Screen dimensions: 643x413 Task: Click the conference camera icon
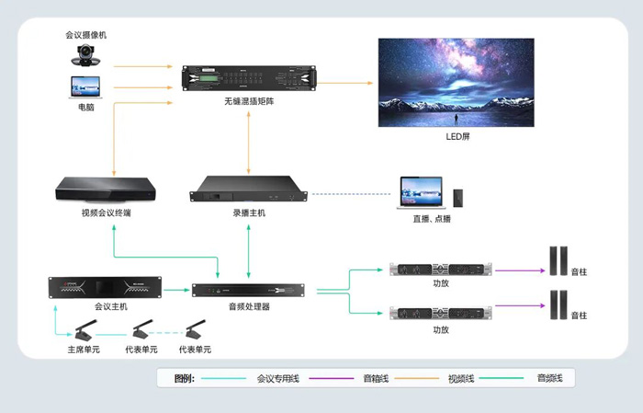[x=85, y=55]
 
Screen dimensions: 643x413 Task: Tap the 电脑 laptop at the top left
[x=85, y=87]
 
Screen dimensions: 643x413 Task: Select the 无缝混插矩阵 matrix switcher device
[x=249, y=78]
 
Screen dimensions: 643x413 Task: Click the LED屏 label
[x=457, y=136]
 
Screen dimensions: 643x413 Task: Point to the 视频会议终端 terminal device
[x=106, y=189]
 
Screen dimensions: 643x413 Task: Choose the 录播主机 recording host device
[x=249, y=189]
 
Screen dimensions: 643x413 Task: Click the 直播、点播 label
[x=432, y=219]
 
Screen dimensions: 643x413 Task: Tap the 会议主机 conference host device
[x=105, y=287]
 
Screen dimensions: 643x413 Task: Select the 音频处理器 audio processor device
[x=249, y=290]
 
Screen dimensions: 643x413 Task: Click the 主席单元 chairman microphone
[x=85, y=331]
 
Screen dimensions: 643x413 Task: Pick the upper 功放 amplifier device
[x=440, y=270]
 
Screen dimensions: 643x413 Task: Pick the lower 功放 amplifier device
[x=440, y=313]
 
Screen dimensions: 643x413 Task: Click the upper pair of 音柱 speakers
[x=558, y=260]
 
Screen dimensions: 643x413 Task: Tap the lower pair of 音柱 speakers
[x=558, y=304]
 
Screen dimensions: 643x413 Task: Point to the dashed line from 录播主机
[x=352, y=194]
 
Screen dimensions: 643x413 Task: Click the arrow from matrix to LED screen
[x=344, y=83]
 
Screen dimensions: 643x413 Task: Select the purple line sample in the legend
[x=331, y=378]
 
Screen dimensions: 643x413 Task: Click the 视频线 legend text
[x=461, y=379]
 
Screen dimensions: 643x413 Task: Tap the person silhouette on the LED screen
[x=456, y=119]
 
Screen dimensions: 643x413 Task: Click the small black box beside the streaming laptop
[x=458, y=199]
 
